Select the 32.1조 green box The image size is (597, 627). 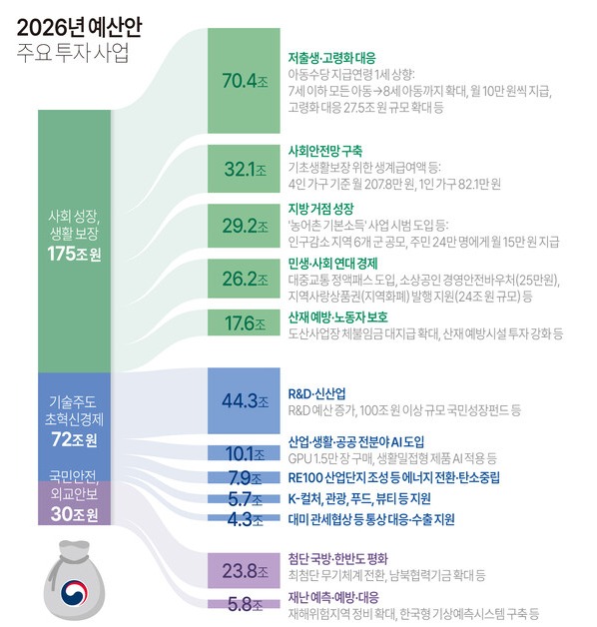[x=238, y=170]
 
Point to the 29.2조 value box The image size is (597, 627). [x=238, y=226]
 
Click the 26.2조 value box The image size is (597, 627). [x=238, y=279]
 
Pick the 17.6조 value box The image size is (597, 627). [x=238, y=322]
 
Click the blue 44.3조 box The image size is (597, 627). [x=238, y=400]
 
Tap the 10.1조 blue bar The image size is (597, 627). [x=238, y=452]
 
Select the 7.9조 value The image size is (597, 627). [x=238, y=477]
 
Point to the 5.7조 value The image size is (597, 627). [x=238, y=498]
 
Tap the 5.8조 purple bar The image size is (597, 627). [x=238, y=603]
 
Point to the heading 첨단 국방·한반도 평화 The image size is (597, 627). [x=337, y=558]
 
